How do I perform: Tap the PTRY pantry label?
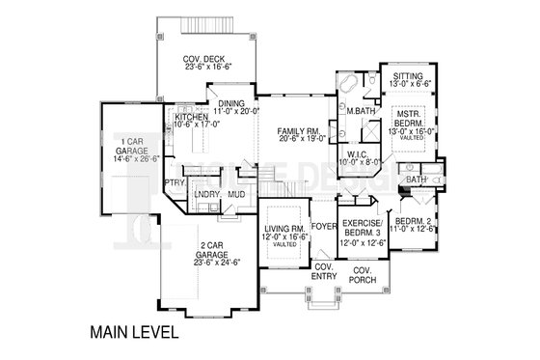point(175,181)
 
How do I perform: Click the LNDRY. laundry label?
point(209,194)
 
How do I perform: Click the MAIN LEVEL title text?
point(135,332)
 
